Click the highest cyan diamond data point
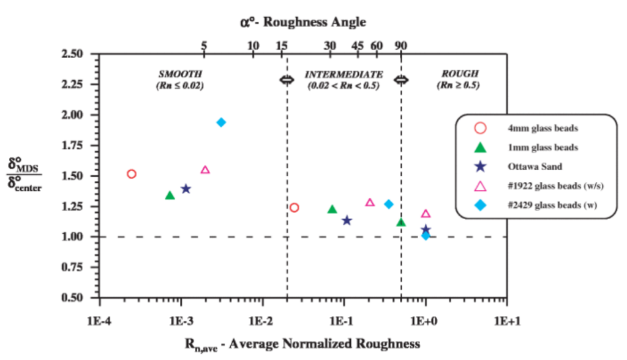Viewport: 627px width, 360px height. tap(221, 122)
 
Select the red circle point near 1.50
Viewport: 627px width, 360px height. tap(131, 174)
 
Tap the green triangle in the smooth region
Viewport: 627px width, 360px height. tap(170, 195)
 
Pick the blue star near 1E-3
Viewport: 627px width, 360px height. tap(186, 189)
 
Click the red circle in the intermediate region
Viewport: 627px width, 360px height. tap(294, 208)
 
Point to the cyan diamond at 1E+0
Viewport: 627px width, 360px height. tap(426, 236)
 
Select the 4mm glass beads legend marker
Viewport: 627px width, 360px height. tap(481, 128)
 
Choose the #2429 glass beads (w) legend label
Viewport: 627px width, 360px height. tap(552, 205)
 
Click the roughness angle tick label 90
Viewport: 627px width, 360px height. tap(400, 45)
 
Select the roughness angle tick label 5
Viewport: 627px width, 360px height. tap(205, 45)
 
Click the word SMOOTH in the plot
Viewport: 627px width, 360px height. tap(179, 74)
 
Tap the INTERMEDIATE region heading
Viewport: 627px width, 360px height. tap(344, 74)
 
